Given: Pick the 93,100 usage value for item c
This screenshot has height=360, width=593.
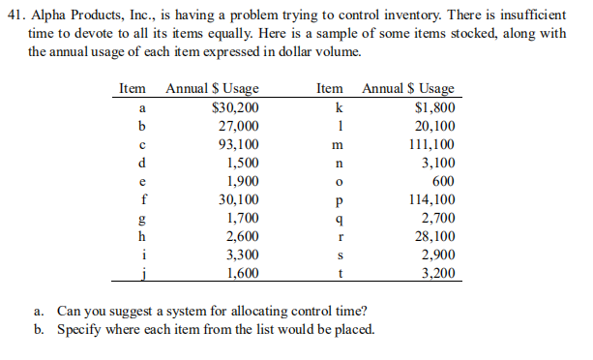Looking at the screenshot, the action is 238,144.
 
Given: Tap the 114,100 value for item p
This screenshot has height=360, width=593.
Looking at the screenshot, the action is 433,199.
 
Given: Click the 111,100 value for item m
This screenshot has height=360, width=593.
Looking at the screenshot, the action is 433,144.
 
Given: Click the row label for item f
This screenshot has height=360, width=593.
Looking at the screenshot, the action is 143,199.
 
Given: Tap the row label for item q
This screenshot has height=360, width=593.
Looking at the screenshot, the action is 333,219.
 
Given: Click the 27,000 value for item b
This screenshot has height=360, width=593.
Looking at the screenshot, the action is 238,126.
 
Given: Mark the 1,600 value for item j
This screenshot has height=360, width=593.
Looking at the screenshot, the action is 241,273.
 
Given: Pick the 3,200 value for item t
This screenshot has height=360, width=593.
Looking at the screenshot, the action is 439,273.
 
